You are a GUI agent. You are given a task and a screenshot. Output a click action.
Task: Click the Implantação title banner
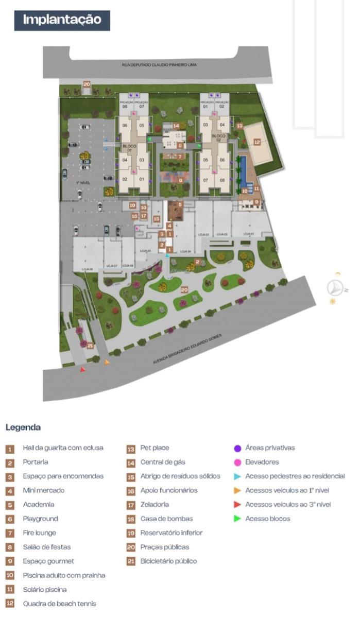[62, 20]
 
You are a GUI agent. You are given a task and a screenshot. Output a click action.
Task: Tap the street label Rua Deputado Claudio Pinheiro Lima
[160, 65]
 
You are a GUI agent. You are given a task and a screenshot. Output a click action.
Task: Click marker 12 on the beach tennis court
[256, 142]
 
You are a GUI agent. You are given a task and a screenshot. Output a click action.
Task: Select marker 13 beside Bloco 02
[239, 125]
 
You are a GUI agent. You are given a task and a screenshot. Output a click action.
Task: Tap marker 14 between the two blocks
[176, 125]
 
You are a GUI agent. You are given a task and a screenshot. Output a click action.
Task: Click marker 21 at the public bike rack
[90, 346]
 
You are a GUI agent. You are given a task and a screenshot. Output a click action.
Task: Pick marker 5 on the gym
[180, 204]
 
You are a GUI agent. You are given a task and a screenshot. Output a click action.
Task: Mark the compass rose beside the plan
[335, 288]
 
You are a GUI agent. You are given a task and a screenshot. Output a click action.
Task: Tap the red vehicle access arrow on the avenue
[82, 369]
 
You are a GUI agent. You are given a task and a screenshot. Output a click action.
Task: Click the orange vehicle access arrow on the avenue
[107, 362]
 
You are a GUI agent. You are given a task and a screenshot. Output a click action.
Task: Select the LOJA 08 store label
[87, 269]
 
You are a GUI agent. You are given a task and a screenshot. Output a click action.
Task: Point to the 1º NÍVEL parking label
[83, 183]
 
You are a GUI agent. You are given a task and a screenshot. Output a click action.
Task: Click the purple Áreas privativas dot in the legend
[237, 448]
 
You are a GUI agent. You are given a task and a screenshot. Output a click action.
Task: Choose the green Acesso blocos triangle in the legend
[237, 519]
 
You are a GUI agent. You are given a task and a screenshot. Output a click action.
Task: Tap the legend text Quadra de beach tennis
[59, 604]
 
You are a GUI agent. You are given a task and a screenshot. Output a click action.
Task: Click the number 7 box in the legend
[10, 533]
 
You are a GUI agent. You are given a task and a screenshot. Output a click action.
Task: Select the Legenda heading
[23, 427]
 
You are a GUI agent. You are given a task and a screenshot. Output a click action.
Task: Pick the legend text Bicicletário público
[168, 561]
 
